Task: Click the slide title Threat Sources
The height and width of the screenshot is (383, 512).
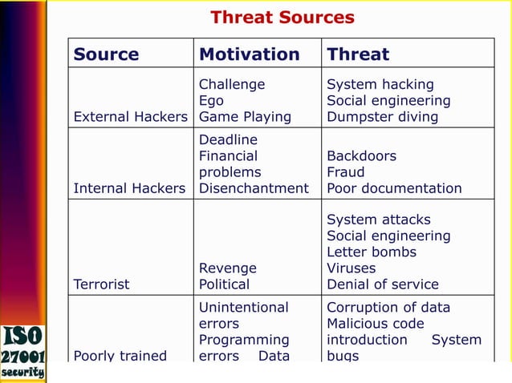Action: pos(282,18)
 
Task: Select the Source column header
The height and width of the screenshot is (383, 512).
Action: pos(106,54)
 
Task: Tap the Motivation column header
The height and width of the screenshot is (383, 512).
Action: pos(249,54)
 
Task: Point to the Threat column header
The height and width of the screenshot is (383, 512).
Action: pos(358,54)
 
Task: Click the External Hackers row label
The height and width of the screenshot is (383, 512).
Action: pos(130,117)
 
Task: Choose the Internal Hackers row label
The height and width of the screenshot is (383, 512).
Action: pos(129,189)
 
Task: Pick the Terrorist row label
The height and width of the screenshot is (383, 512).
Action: pos(101,284)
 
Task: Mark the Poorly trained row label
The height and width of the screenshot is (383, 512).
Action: pos(120,356)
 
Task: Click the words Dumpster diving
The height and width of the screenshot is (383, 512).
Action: pos(382,117)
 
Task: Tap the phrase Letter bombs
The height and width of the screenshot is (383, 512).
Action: pos(372,252)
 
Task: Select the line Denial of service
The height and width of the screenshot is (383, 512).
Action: pos(382,284)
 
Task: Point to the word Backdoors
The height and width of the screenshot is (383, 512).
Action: pos(361,156)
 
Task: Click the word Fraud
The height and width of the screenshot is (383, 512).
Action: pos(345,172)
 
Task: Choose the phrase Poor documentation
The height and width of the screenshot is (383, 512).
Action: pos(394,189)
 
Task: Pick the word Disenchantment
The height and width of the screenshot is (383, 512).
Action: pos(253,189)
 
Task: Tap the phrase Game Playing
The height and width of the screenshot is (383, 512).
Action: pos(245,117)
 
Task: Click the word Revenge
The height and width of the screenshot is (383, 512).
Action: pos(227,268)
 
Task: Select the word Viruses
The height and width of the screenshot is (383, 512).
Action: pos(350,268)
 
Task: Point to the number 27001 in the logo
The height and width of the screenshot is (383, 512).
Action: pos(22,356)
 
